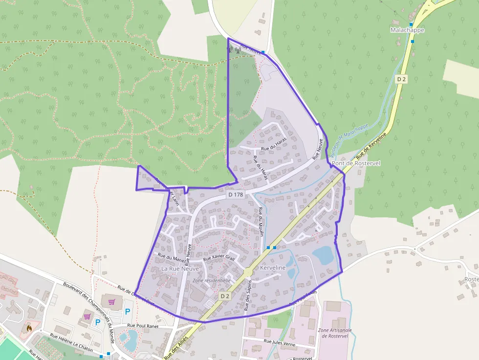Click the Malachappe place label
[407, 30]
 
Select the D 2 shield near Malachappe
[401, 79]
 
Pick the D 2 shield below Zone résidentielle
[224, 296]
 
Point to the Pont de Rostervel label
[356, 163]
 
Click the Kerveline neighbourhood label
[273, 268]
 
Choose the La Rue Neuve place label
[180, 269]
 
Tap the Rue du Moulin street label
[261, 222]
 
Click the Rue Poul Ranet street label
[143, 325]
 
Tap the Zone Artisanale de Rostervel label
[335, 334]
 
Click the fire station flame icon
[29, 328]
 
